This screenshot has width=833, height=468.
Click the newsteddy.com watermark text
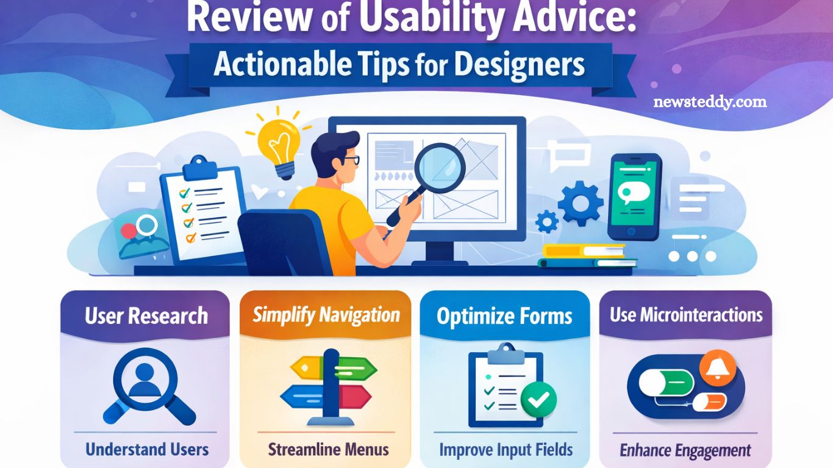point(710,102)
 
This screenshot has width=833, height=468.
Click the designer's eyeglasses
point(349,161)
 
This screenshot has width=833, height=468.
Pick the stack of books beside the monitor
point(585,256)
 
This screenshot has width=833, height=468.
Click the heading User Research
point(146,316)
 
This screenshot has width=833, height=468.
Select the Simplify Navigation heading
point(326,315)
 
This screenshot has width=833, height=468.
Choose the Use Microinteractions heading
point(686,315)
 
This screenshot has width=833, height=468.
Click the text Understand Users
point(147,450)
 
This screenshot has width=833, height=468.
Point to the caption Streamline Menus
point(328,450)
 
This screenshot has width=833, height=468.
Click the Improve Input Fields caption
point(506,450)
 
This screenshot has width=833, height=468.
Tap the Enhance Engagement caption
point(685,451)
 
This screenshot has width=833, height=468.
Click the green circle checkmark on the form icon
point(538,400)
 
